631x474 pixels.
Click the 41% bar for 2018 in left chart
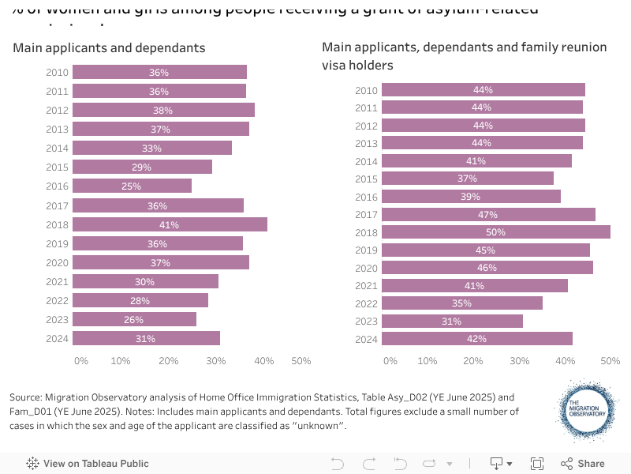point(170,224)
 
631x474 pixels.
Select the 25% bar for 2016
point(132,186)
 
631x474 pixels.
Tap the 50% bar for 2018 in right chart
point(495,232)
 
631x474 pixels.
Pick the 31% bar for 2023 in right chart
point(451,322)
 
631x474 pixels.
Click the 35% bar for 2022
point(461,303)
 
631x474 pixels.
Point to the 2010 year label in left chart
point(58,73)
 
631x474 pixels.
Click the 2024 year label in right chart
point(367,339)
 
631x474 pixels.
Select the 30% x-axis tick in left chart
point(216,361)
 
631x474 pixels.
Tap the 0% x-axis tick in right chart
point(390,361)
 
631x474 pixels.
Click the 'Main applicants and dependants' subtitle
point(109,48)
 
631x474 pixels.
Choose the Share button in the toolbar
point(583,464)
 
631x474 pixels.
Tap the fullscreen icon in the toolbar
point(537,464)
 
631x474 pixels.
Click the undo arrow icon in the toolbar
point(338,464)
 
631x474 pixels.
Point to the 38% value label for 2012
point(162,111)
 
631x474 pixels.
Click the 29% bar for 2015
point(142,167)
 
